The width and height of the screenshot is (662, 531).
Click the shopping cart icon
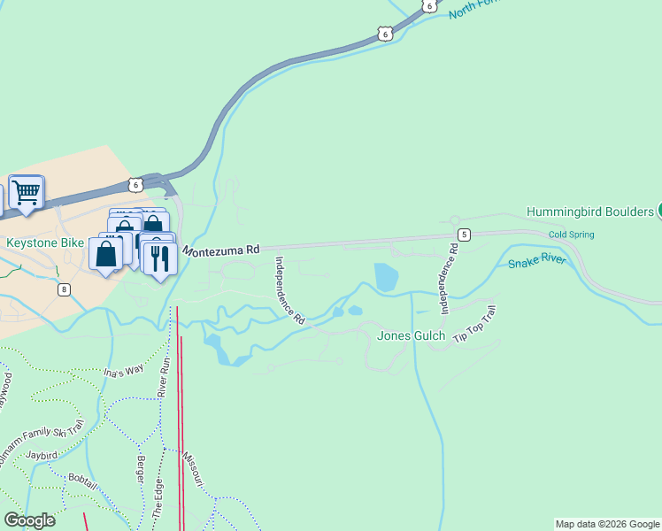pos(27,191)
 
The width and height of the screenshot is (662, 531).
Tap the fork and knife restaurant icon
pos(159,258)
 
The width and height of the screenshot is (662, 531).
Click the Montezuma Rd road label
pos(221,250)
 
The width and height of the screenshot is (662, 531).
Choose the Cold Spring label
pos(571,235)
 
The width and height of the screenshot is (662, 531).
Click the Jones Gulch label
pos(411,335)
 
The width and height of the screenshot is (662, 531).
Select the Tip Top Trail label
pos(475,325)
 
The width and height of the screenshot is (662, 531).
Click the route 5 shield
pos(463,234)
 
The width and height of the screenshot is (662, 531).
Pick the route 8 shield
pos(64,289)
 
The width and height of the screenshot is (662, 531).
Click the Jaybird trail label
pos(42,454)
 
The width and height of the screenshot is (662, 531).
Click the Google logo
pos(29,520)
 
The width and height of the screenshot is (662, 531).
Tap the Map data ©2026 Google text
pos(607,524)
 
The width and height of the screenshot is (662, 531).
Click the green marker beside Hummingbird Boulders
pos(658,211)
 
